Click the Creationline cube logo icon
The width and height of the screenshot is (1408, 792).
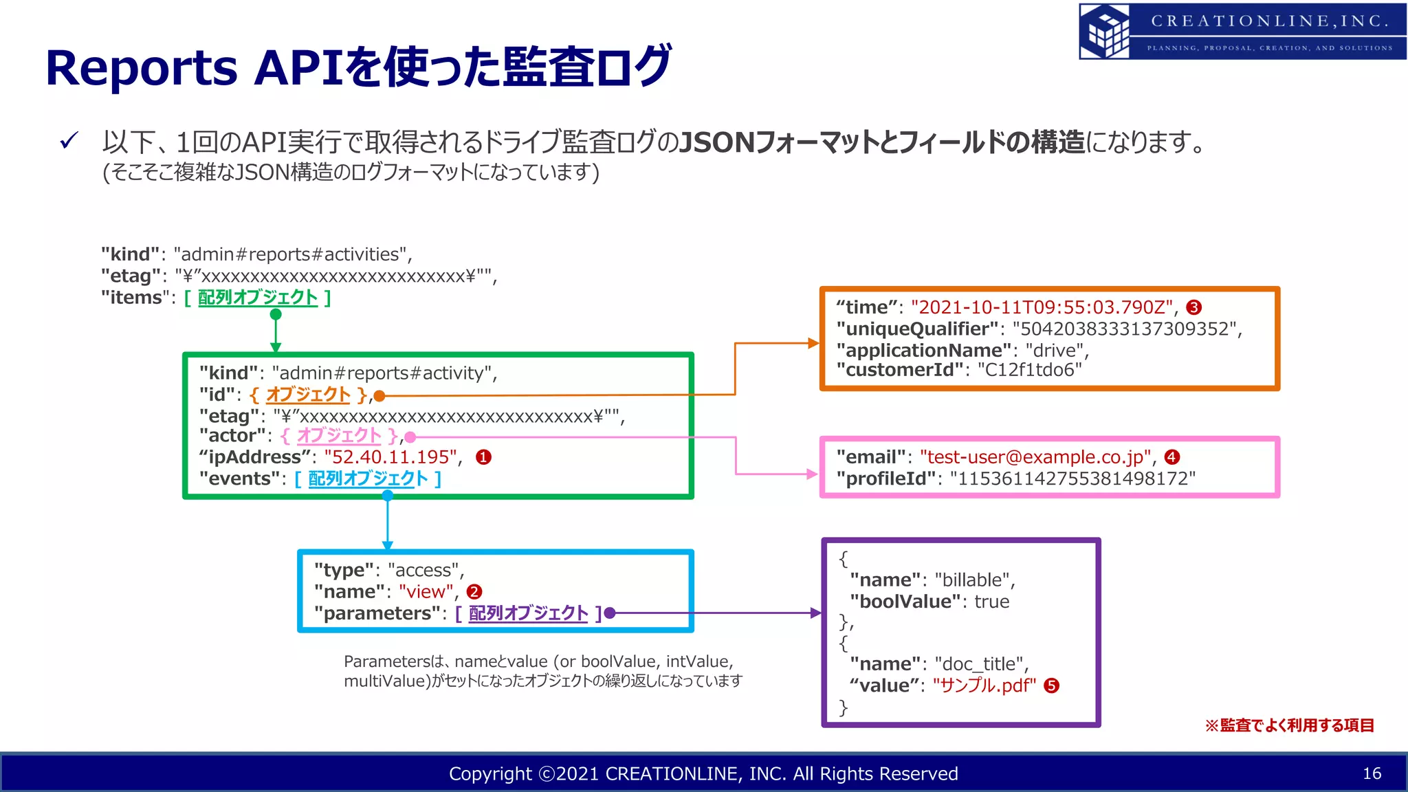1105,31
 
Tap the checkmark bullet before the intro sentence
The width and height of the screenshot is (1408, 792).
69,141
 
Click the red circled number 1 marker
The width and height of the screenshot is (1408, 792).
483,457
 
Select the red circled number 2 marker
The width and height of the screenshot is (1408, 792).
474,592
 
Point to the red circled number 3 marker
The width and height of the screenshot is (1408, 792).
1194,307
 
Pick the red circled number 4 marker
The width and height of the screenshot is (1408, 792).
1172,457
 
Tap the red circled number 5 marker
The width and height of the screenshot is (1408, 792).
1051,685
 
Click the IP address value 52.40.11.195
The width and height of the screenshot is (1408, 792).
390,457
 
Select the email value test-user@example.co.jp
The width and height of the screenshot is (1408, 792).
1035,457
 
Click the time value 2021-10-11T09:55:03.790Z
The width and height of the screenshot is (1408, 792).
1042,307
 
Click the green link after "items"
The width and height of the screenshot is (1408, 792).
258,298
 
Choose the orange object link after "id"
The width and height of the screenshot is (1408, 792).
308,395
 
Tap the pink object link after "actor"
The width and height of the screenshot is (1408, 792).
339,436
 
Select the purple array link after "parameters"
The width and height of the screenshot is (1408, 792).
528,613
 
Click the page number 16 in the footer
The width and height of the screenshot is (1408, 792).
1372,773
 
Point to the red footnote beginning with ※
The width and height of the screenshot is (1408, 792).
1289,725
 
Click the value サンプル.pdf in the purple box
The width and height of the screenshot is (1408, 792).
984,685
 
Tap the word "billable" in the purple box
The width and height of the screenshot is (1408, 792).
972,580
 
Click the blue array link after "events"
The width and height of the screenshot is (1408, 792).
368,478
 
